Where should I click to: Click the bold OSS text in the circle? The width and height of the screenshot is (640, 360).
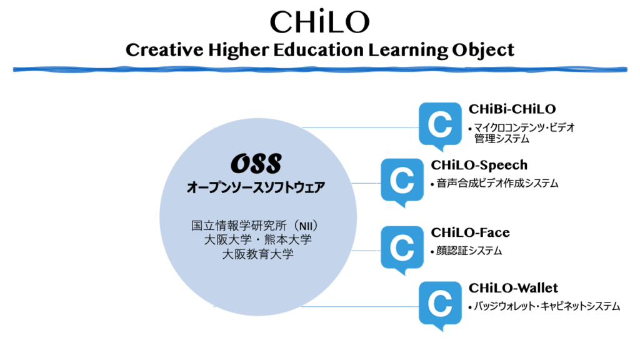(256, 163)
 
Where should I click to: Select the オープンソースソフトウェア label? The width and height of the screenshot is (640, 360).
(256, 187)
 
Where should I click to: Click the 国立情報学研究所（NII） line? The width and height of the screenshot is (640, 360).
(256, 225)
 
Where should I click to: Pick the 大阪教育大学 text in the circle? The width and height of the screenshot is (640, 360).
(258, 254)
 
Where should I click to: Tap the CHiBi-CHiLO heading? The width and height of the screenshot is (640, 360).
(512, 109)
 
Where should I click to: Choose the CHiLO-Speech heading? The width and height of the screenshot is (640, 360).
(479, 165)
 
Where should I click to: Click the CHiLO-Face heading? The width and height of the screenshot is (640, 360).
(470, 232)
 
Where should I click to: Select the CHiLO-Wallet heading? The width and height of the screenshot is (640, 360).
(513, 287)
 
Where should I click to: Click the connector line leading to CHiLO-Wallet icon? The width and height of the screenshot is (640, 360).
(359, 306)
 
